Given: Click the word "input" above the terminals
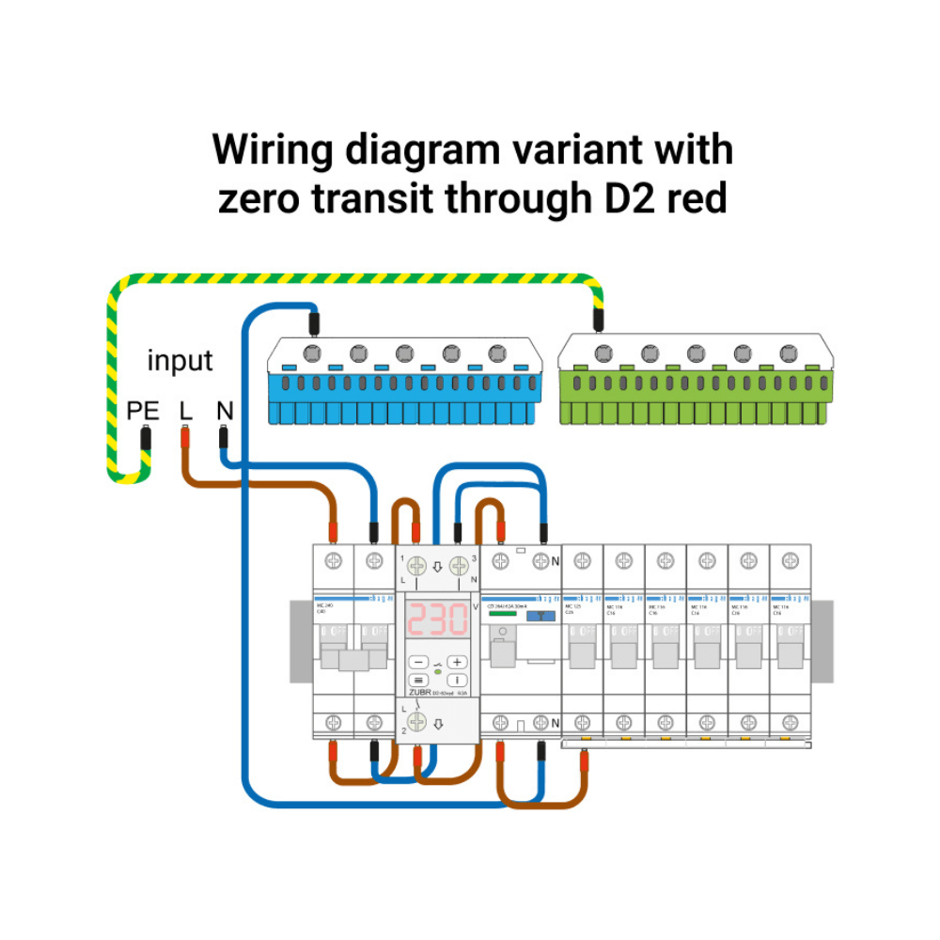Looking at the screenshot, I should (x=180, y=361).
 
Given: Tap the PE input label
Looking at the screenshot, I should (x=144, y=411).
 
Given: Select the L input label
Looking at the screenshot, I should (x=185, y=411).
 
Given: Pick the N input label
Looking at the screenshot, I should (x=224, y=411).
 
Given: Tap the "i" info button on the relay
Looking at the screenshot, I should (x=457, y=680).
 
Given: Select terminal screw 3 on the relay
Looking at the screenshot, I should (x=458, y=566).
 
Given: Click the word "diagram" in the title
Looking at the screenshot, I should (x=422, y=150).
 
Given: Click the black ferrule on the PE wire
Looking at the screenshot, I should (x=146, y=439).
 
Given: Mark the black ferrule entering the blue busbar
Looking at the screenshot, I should (x=315, y=322).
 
